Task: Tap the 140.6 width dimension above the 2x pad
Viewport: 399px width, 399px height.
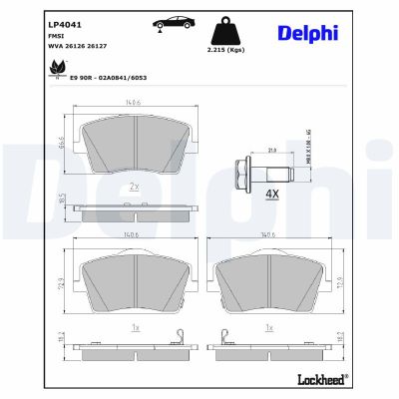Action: pos(133,101)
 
